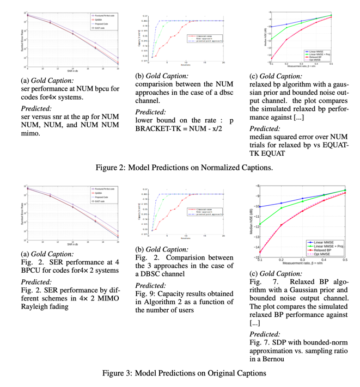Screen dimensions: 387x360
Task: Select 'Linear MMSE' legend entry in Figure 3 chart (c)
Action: tap(324, 241)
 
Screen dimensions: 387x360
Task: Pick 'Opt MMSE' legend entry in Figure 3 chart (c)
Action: tap(322, 255)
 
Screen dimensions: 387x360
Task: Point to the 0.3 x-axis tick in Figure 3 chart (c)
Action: tap(303, 261)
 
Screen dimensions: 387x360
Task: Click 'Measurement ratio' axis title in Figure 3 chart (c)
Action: tap(303, 265)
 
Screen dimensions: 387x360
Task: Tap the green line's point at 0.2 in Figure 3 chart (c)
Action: tap(281, 208)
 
